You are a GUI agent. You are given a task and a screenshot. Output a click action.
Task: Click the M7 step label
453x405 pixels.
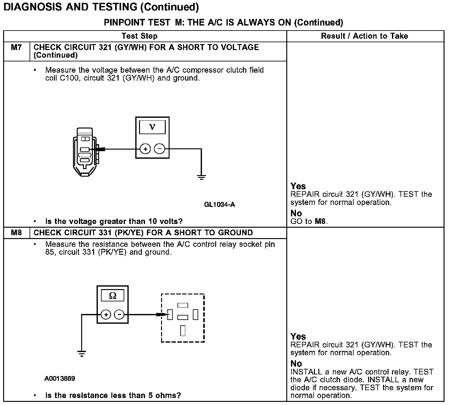pyautogui.click(x=16, y=48)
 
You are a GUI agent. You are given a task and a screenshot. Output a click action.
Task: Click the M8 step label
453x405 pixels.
pyautogui.click(x=16, y=233)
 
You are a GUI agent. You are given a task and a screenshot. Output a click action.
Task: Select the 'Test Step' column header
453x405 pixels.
pyautogui.click(x=139, y=36)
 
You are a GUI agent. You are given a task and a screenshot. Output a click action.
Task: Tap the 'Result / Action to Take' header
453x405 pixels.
pyautogui.click(x=364, y=36)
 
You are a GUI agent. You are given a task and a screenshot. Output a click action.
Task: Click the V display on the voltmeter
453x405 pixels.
pyautogui.click(x=153, y=127)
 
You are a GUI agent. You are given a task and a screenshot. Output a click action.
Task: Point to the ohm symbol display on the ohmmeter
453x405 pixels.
pyautogui.click(x=112, y=296)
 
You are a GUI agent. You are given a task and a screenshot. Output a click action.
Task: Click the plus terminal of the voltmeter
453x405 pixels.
pyautogui.click(x=145, y=149)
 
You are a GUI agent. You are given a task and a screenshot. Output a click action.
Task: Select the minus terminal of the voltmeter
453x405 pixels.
pyautogui.click(x=160, y=149)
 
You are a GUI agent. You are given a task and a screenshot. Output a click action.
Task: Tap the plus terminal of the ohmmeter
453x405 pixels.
pyautogui.click(x=106, y=314)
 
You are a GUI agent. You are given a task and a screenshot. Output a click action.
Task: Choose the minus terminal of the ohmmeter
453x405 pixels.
pyautogui.click(x=119, y=314)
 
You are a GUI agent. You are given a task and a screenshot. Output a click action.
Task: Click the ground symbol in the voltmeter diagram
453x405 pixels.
pyautogui.click(x=201, y=177)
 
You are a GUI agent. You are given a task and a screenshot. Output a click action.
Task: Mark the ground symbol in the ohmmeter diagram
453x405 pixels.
pyautogui.click(x=81, y=353)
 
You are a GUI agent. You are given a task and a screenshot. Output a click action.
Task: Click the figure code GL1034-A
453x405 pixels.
pyautogui.click(x=219, y=205)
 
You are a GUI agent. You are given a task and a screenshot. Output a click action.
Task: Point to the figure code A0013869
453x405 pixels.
pyautogui.click(x=60, y=379)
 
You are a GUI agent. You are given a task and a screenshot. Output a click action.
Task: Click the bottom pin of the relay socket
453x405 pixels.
pyautogui.click(x=183, y=331)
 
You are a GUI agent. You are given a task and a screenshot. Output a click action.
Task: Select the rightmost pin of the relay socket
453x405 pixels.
pyautogui.click(x=195, y=314)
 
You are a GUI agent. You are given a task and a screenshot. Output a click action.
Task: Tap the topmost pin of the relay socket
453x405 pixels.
pyautogui.click(x=183, y=305)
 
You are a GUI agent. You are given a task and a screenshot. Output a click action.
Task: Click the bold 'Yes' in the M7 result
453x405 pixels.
pyautogui.click(x=298, y=186)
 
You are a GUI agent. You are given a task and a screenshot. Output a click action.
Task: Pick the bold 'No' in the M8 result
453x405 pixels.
pyautogui.click(x=296, y=364)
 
